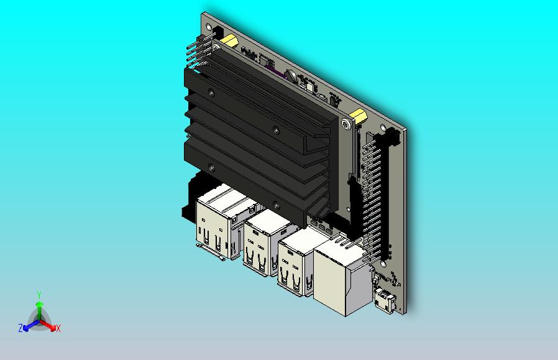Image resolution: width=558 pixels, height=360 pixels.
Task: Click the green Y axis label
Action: [x=40, y=295]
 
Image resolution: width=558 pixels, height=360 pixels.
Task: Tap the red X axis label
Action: [x=58, y=328]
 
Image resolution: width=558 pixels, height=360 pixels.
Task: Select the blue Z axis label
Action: [x=21, y=328]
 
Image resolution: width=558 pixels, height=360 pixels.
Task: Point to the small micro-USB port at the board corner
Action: [x=385, y=300]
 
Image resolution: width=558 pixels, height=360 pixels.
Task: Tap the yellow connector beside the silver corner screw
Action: [x=358, y=116]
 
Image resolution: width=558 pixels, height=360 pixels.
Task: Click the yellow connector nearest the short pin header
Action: [x=229, y=40]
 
